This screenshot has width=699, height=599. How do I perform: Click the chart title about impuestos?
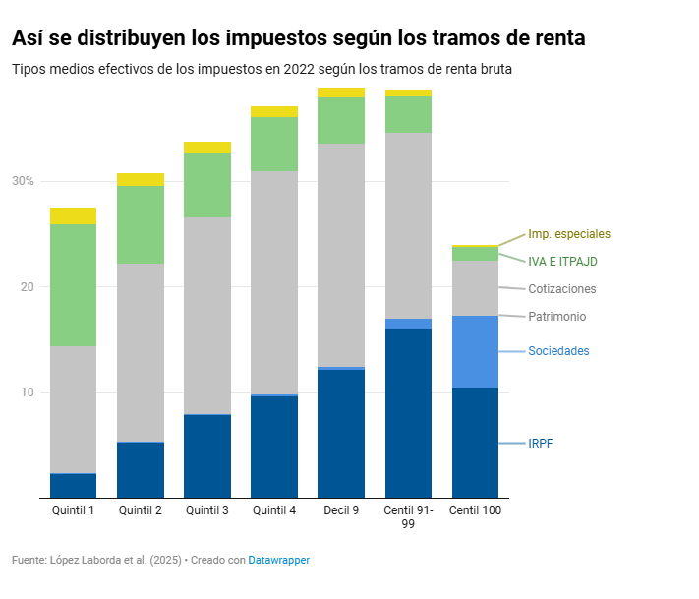(x=299, y=38)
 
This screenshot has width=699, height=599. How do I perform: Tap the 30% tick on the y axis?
(x=23, y=181)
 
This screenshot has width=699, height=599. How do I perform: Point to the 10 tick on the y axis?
(x=27, y=392)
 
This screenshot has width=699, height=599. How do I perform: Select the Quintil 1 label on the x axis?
(x=73, y=510)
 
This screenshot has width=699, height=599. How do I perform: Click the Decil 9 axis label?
(x=341, y=510)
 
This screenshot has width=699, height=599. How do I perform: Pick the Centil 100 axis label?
(x=475, y=510)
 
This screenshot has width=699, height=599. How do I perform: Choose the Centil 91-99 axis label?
(x=408, y=517)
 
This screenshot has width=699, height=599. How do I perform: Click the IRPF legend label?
(x=541, y=444)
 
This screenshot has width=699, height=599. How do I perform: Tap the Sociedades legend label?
(x=558, y=351)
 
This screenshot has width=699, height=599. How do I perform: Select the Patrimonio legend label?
(x=556, y=317)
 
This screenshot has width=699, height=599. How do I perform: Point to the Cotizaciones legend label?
(x=561, y=289)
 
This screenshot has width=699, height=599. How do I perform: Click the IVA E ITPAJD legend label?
(x=562, y=262)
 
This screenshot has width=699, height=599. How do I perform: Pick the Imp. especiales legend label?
(x=569, y=234)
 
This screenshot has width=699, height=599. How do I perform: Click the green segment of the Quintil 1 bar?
(x=73, y=285)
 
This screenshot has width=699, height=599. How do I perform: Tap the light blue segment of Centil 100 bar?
(x=475, y=351)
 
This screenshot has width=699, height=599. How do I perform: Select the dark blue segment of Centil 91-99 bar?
(x=408, y=413)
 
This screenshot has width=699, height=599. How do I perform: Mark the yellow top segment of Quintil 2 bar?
(x=140, y=179)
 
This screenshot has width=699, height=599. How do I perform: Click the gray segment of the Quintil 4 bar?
(x=274, y=282)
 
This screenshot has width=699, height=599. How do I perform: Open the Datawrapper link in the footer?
(x=278, y=560)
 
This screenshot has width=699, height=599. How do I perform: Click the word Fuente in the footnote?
(x=29, y=560)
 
